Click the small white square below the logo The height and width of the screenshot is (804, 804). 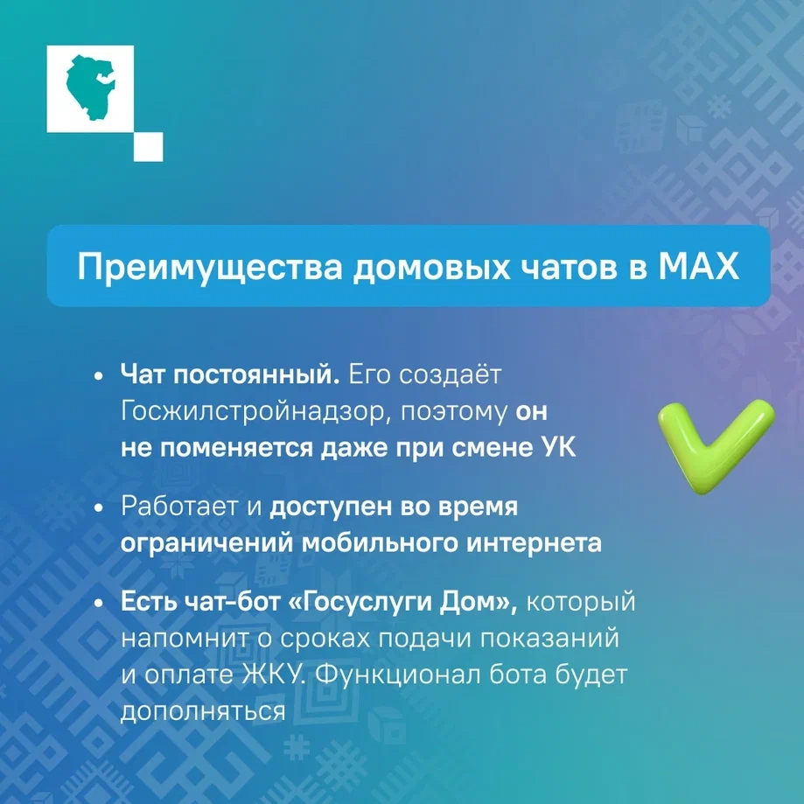coord(149,147)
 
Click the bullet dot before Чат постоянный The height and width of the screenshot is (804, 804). coord(99,376)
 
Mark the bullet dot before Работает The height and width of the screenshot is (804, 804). coord(99,508)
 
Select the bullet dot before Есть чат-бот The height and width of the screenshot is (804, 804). coord(99,603)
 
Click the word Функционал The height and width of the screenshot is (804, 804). coord(397,675)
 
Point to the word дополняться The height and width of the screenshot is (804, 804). coord(203,712)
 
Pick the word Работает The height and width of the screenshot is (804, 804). coord(180,507)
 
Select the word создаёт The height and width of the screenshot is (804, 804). coord(451,375)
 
